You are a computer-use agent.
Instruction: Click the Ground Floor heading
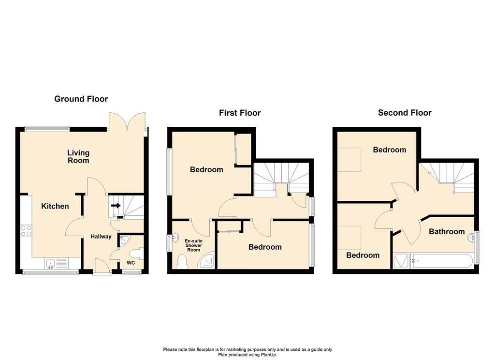click(81, 99)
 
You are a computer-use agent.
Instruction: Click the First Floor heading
click(240, 113)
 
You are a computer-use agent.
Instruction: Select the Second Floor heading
click(405, 113)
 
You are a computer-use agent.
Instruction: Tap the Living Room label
click(78, 157)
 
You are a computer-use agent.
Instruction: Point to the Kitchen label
click(55, 206)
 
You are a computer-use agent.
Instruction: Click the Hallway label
click(101, 237)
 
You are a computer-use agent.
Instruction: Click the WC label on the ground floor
click(131, 263)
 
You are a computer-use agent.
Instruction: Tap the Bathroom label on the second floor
click(447, 232)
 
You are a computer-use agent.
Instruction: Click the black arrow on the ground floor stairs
click(116, 205)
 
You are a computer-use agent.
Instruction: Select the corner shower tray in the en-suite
click(208, 261)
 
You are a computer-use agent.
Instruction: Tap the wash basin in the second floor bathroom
click(471, 238)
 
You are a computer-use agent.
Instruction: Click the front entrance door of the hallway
click(101, 267)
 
